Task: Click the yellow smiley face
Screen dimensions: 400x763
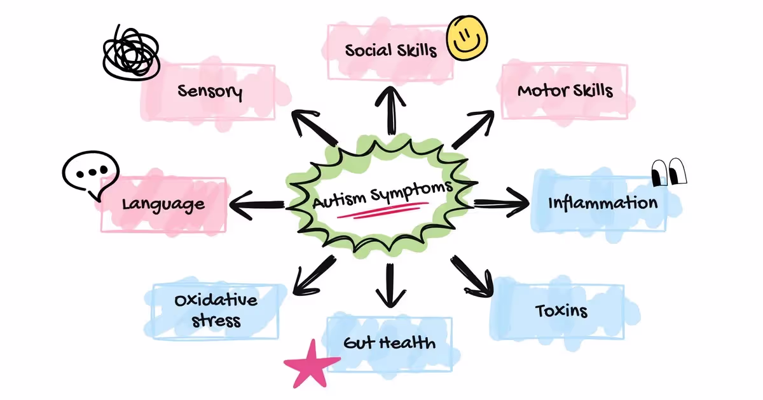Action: tap(467, 37)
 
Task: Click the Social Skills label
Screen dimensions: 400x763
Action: tap(391, 50)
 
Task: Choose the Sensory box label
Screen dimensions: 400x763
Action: tap(210, 91)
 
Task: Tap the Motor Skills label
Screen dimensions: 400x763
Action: tap(565, 90)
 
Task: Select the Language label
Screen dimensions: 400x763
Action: tap(163, 204)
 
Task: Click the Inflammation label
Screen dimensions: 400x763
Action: tap(603, 203)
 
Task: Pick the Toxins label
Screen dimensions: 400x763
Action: tap(561, 311)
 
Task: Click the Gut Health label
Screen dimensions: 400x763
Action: tap(389, 343)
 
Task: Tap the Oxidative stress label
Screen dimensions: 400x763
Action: tap(216, 309)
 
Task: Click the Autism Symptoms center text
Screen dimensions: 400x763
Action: tap(383, 194)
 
